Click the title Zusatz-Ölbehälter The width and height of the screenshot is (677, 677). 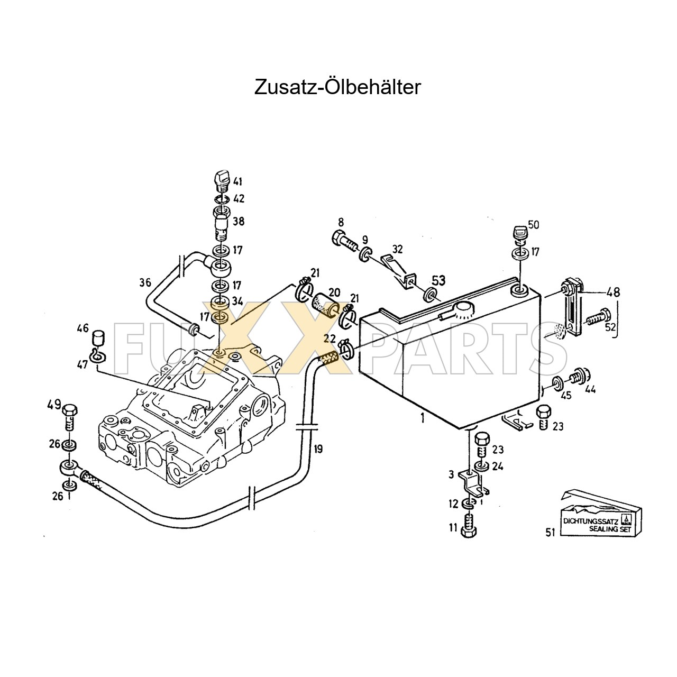tap(337, 87)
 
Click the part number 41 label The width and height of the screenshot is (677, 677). tap(237, 182)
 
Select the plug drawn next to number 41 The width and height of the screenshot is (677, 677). tap(221, 180)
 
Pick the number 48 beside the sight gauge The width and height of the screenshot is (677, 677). tap(614, 291)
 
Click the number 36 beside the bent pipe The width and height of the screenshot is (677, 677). tap(145, 282)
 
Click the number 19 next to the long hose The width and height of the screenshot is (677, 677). tap(317, 450)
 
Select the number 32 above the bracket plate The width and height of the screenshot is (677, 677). tap(398, 249)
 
